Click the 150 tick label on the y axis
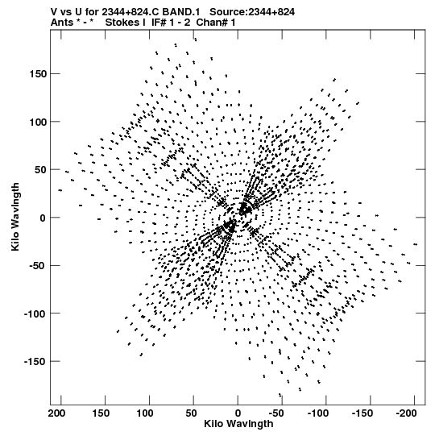39,74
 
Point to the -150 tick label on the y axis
35,362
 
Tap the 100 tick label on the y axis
39,122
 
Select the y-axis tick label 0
43,218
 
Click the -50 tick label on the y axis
37,265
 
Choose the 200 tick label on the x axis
56,413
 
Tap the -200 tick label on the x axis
407,413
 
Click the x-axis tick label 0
238,413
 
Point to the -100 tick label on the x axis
318,413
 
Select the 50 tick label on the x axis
191,413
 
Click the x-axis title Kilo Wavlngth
238,424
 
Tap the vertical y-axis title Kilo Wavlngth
15,217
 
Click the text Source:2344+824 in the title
252,12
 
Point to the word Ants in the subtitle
62,23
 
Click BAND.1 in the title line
181,12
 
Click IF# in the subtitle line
158,23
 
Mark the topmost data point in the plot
196,39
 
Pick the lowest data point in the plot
280,395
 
